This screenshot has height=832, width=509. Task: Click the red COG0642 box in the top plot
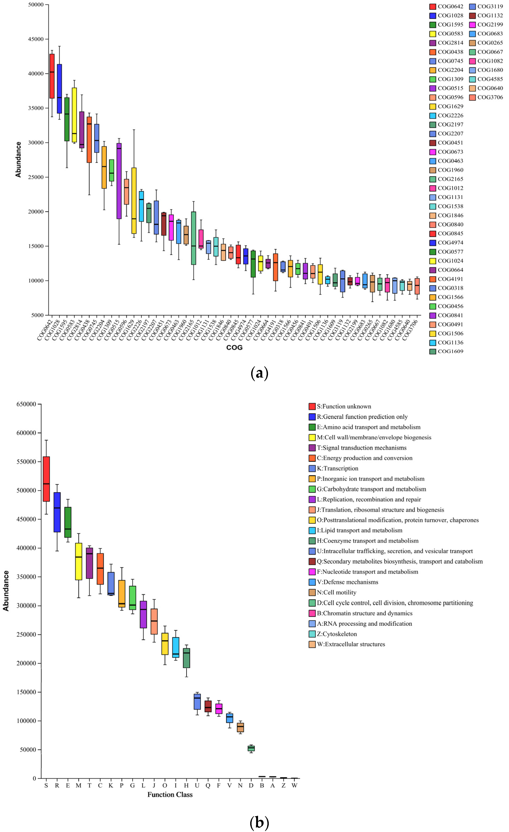[52, 76]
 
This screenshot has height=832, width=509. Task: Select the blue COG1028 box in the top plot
[59, 89]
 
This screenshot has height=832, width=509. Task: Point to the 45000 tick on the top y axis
[36, 39]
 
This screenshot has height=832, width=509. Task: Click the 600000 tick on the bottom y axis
[26, 433]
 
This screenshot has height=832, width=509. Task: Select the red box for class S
[46, 479]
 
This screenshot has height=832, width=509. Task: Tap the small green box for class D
[251, 748]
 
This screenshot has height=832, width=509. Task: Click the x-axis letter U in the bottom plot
[197, 785]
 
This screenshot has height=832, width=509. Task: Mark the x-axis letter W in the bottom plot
[294, 785]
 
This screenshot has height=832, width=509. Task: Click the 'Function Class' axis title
[170, 794]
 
